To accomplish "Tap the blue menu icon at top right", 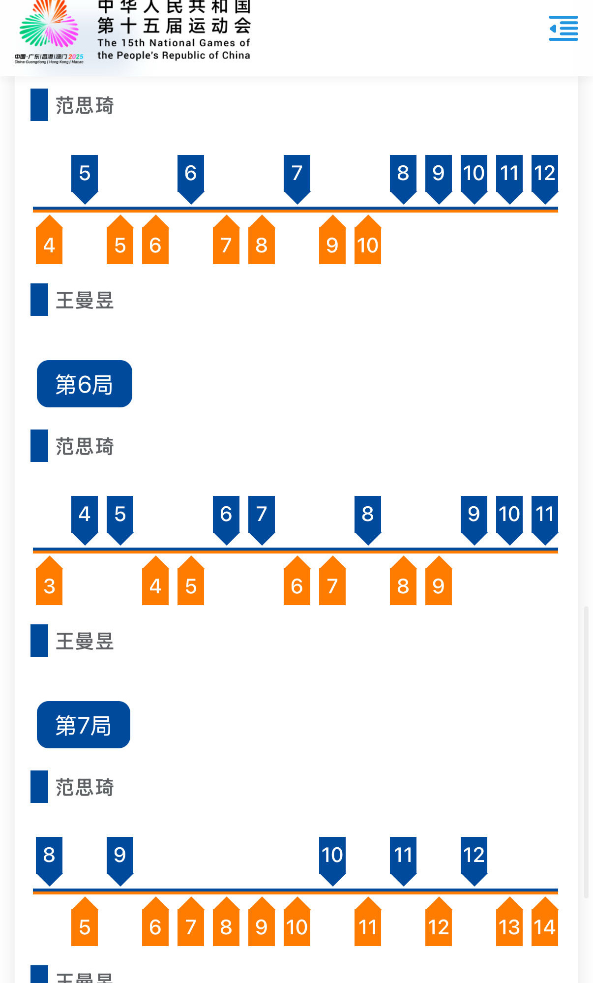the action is [563, 28].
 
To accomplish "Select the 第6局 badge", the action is [84, 384].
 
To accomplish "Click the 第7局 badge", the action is [84, 725].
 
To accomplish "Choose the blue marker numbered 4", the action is [85, 516].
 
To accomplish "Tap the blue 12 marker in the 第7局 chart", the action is [474, 857].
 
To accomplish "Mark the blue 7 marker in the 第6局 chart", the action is [262, 516].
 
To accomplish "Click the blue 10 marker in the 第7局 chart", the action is [332, 857].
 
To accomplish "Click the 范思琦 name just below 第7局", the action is [85, 787].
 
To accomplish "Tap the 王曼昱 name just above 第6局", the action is [85, 300].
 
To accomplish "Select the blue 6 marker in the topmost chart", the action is [191, 175].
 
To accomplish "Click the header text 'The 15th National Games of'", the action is [174, 43].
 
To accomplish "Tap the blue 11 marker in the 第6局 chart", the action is [544, 516].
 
